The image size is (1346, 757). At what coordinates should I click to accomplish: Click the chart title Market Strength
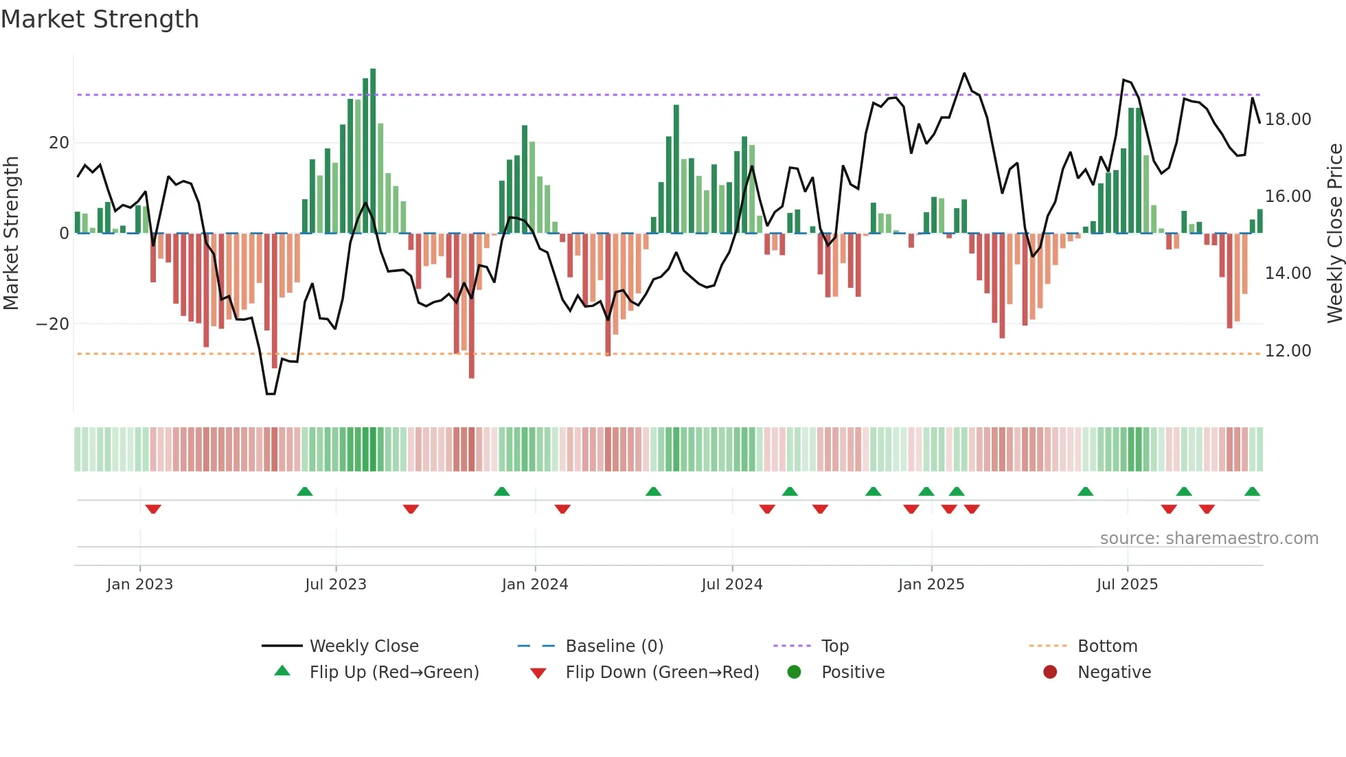(x=100, y=19)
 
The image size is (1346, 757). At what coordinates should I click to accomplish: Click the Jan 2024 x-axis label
(x=535, y=585)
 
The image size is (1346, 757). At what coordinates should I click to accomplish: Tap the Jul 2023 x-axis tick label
(x=336, y=585)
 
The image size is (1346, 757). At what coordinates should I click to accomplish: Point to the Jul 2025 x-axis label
(x=1127, y=585)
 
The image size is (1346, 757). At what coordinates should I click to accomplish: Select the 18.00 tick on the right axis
(x=1288, y=120)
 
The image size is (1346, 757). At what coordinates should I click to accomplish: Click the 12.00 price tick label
(x=1288, y=351)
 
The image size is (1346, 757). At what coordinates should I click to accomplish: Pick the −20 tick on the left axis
(x=53, y=324)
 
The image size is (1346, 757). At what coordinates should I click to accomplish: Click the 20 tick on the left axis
(x=59, y=143)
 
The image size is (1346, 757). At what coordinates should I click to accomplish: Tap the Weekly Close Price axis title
(x=1334, y=234)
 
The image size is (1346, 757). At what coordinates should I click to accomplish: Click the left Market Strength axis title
(x=12, y=234)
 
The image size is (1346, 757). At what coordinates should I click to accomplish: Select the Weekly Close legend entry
(x=363, y=646)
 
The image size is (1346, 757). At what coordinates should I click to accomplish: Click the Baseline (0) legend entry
(x=614, y=646)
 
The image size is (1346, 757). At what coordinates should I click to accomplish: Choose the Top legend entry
(x=834, y=646)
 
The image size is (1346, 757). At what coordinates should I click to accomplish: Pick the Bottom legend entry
(x=1107, y=646)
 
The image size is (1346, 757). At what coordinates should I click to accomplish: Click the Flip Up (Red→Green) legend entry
(x=393, y=673)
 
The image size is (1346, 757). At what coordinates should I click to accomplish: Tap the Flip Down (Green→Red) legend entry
(x=662, y=673)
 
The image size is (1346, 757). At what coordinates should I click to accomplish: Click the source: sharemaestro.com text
(x=1209, y=539)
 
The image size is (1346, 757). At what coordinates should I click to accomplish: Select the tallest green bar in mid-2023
(x=373, y=151)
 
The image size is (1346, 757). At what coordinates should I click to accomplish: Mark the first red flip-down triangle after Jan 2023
(x=153, y=509)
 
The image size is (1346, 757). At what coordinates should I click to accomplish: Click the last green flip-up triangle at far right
(x=1252, y=491)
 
